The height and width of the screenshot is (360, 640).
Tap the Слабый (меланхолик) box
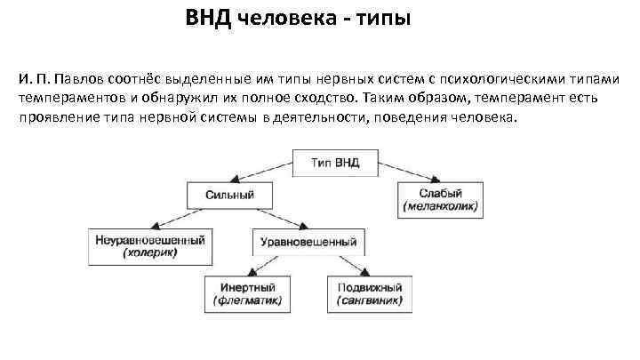pos(440,200)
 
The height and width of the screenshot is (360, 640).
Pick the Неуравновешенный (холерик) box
pos(149,246)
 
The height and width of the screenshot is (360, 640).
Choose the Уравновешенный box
pos(307,241)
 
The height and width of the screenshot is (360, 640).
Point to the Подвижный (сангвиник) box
pos(370,294)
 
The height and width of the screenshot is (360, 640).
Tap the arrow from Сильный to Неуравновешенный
pos(178,217)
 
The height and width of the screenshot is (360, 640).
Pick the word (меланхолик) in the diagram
pos(440,207)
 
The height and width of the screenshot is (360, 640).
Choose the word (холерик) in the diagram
pos(149,253)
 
